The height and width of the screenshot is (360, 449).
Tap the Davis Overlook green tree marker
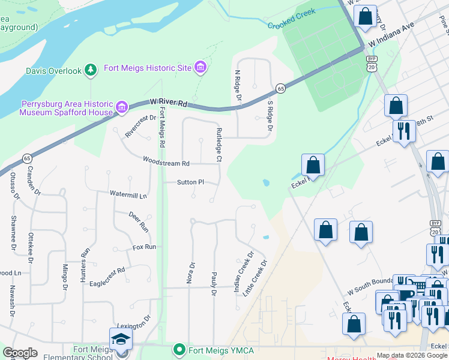(91, 71)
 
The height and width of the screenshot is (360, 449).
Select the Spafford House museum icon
(122, 107)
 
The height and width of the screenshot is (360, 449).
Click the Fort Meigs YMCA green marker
(178, 349)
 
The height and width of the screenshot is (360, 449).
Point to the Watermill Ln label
(128, 194)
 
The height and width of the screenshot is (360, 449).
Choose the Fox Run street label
(144, 247)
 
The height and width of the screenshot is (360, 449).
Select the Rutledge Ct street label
(219, 145)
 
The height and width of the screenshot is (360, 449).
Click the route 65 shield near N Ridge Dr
(280, 89)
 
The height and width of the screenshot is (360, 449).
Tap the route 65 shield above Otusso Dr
(27, 158)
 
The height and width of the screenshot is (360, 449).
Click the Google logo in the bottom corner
(20, 353)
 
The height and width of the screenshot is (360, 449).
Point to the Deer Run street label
(139, 221)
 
